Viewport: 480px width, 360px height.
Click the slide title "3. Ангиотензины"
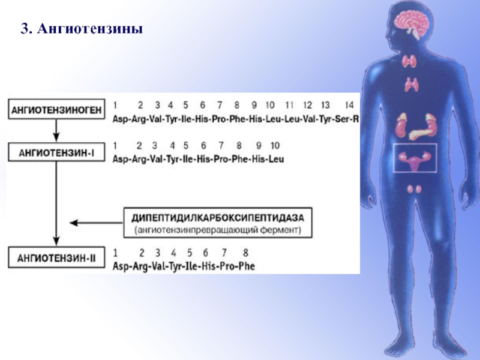[82, 29]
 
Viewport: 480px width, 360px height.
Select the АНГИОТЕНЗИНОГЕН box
[56, 109]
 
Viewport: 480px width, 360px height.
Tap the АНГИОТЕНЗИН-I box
[56, 152]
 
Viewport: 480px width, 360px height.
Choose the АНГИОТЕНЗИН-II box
[56, 258]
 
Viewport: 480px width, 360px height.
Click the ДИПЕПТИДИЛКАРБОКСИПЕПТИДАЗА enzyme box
[218, 223]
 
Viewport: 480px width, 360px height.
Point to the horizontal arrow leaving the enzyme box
[97, 223]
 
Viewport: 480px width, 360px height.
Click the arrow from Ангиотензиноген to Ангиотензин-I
[56, 131]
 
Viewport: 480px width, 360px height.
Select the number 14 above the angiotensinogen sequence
[349, 105]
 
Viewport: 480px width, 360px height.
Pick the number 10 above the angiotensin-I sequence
[275, 145]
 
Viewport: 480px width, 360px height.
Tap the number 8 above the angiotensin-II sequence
[245, 253]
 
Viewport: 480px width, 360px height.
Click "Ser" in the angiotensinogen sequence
[342, 119]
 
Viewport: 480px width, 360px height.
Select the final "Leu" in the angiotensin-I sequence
[276, 159]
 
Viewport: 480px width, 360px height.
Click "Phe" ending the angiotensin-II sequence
[247, 266]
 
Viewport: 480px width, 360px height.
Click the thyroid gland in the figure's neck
[409, 62]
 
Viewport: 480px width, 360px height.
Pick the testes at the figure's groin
[415, 189]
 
